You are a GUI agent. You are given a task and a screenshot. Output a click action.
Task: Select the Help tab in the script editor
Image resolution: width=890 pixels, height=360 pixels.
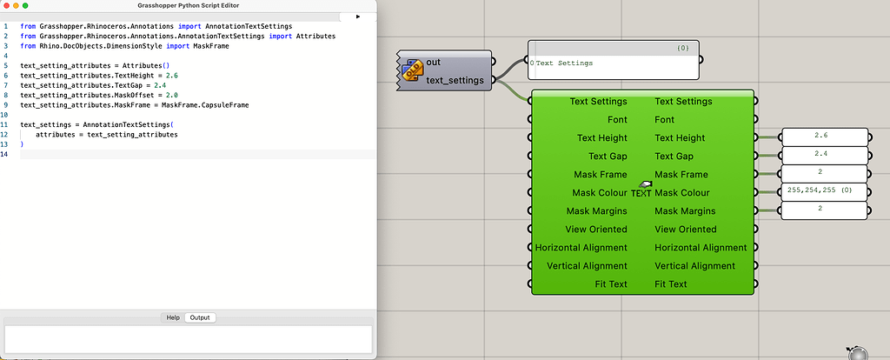coord(173,317)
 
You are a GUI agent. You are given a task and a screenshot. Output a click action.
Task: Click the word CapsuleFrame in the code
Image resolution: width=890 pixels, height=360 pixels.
coord(224,104)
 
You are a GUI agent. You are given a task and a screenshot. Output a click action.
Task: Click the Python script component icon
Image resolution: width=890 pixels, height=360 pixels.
coord(413,70)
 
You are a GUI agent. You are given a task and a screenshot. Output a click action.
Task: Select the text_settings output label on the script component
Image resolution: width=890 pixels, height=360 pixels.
coord(455,80)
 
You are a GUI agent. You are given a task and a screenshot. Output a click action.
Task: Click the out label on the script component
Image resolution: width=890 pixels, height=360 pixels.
coord(433,62)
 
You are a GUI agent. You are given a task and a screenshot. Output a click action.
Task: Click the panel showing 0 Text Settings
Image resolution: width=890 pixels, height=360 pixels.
coord(613,63)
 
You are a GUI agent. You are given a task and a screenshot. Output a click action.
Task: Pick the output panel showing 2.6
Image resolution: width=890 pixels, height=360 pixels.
coord(824,137)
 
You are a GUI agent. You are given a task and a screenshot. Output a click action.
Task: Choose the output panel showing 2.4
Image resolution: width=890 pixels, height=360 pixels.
coord(824,155)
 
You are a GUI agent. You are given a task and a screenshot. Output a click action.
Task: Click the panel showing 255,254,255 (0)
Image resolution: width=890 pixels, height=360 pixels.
coord(824,191)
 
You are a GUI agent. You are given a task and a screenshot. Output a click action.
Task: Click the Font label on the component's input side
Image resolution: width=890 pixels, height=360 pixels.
coord(616,120)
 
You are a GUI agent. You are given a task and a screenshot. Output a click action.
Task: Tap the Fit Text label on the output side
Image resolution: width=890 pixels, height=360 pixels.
coord(671,284)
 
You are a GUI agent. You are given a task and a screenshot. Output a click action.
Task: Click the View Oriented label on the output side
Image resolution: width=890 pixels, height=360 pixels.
coord(686,230)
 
